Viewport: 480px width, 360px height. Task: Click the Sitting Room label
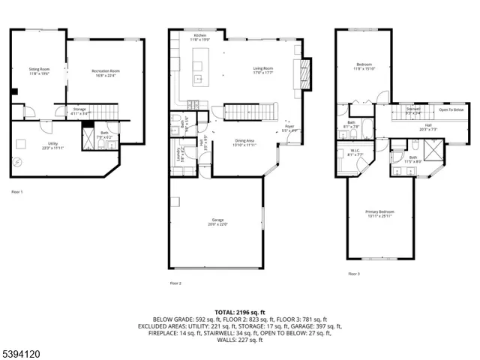click(x=38, y=70)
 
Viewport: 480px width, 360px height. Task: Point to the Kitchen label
click(x=200, y=37)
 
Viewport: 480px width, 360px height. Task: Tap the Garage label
click(x=217, y=223)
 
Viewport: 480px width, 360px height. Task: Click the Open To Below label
click(x=451, y=109)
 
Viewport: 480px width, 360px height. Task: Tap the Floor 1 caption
click(x=17, y=193)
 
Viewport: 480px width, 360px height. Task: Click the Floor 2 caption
click(x=176, y=283)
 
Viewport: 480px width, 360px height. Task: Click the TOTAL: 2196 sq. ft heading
click(x=239, y=311)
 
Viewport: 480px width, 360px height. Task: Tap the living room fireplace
click(x=305, y=76)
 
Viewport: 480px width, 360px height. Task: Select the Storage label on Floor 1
click(x=79, y=111)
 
